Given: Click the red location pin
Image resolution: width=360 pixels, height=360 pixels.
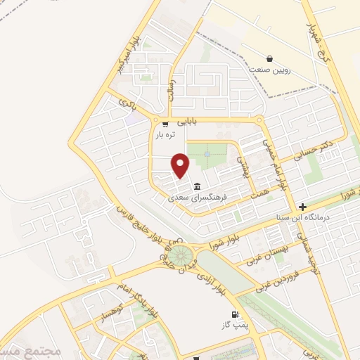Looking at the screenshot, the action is [x=181, y=164].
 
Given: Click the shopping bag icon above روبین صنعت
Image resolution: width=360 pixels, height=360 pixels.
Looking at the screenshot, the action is [x=269, y=58].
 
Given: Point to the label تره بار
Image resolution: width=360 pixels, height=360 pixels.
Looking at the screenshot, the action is [x=163, y=134].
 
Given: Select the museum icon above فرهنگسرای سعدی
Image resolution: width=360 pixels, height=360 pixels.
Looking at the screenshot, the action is [x=195, y=187].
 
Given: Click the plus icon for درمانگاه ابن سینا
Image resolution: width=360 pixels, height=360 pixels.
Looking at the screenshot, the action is [x=302, y=207].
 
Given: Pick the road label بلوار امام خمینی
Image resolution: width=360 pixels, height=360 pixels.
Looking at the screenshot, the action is [x=274, y=160].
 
